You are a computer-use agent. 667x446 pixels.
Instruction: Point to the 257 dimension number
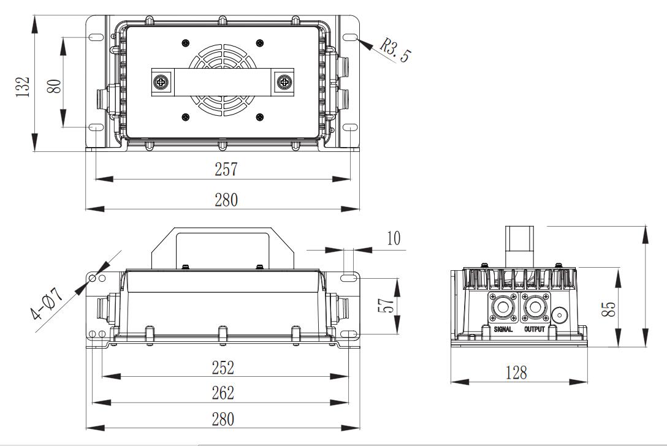(x=226, y=170)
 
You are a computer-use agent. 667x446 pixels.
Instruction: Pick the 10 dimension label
(x=394, y=238)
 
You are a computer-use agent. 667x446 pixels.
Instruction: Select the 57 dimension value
(x=385, y=305)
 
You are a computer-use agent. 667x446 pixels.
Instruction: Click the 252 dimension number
(x=223, y=367)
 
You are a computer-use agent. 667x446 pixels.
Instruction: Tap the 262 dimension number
(x=223, y=392)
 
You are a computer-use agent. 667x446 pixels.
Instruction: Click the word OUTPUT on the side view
(x=535, y=329)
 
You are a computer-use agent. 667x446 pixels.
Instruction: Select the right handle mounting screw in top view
(x=284, y=81)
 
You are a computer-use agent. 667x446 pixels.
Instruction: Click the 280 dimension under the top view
(x=223, y=200)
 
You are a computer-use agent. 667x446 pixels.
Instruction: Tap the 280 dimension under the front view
(x=223, y=419)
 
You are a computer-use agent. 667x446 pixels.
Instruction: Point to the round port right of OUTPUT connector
(x=560, y=315)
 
